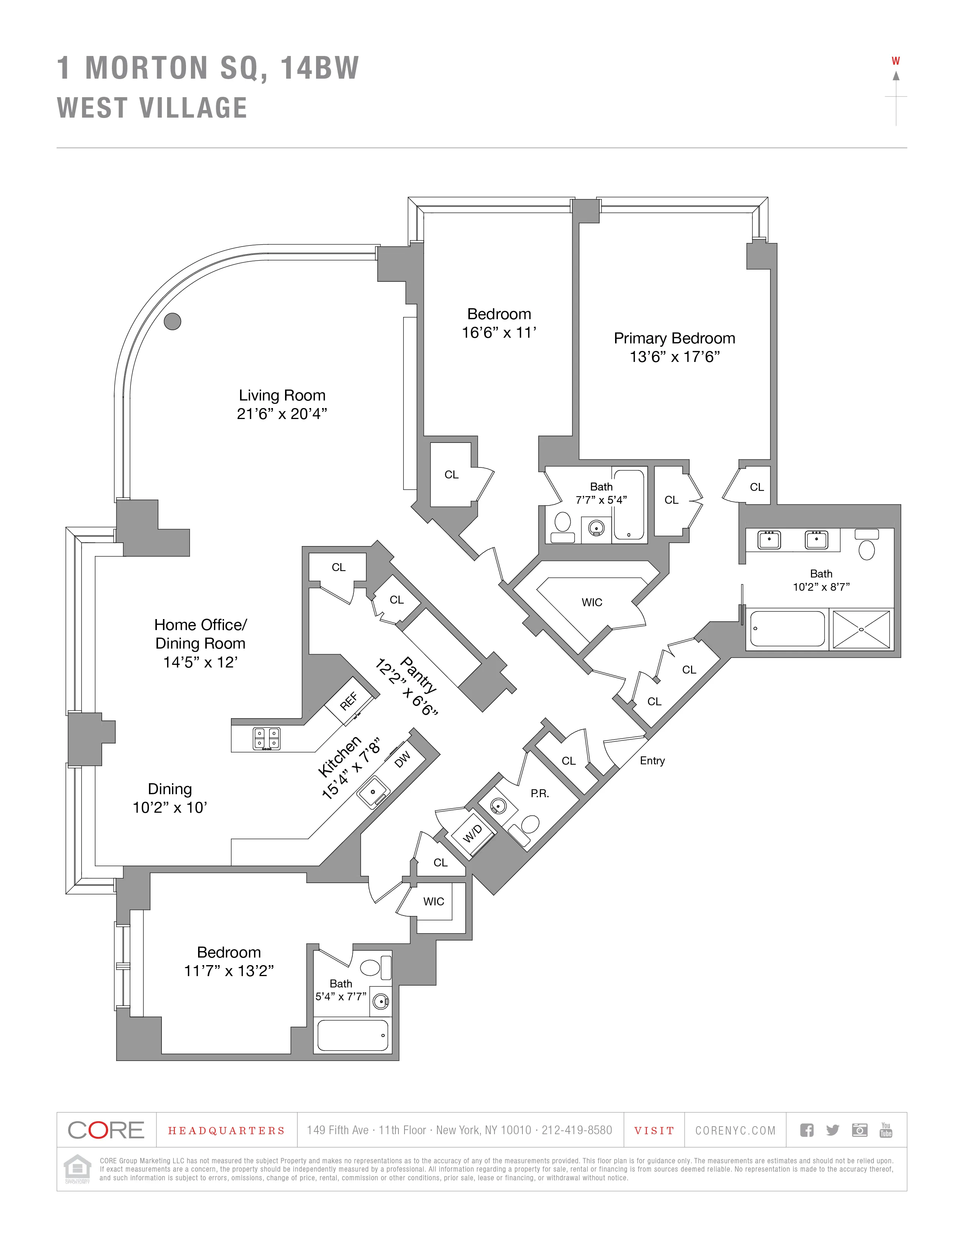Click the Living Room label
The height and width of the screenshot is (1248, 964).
(282, 396)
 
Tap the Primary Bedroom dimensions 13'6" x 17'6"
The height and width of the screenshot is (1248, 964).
(674, 357)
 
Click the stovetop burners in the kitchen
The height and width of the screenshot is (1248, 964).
(267, 738)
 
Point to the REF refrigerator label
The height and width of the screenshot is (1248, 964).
(349, 700)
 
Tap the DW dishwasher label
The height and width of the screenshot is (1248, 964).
(403, 759)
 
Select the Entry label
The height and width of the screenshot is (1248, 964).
(652, 761)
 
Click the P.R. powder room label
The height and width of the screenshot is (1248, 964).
(540, 793)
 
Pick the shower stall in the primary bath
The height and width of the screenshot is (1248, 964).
(861, 629)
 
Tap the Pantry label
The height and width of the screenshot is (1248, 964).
(418, 674)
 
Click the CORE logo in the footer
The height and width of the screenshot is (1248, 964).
(106, 1130)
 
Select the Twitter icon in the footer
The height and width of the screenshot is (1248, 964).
(833, 1130)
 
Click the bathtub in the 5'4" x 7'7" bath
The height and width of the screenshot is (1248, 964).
(352, 1035)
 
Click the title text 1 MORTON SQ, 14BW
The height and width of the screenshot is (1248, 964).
(208, 68)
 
